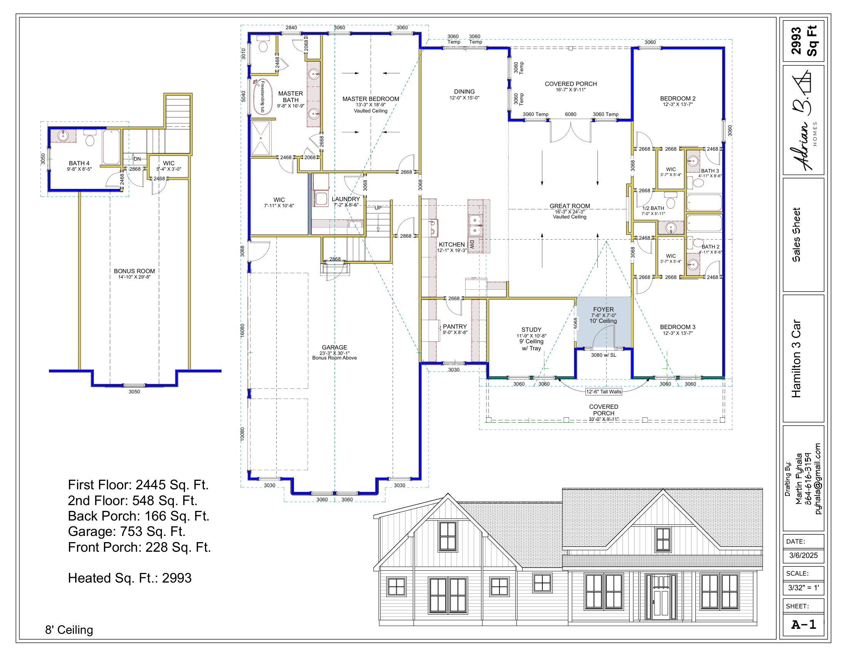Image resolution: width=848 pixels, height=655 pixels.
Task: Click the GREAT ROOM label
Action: (570, 206)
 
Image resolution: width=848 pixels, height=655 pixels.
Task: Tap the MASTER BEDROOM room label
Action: (370, 99)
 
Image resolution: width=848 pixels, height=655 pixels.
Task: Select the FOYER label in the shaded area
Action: (603, 310)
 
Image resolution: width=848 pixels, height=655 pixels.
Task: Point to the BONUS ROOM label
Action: (135, 271)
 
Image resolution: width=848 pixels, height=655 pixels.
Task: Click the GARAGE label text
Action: (334, 348)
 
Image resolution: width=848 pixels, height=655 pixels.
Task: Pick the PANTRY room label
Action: (455, 327)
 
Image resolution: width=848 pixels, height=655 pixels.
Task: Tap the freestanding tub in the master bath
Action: (262, 97)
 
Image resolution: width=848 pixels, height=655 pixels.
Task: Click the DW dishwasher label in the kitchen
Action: (472, 244)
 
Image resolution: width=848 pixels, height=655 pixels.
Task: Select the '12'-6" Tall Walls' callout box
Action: (604, 391)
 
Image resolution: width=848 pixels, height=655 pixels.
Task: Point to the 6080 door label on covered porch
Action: (570, 114)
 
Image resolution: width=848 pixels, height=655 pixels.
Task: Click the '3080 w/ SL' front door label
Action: (603, 355)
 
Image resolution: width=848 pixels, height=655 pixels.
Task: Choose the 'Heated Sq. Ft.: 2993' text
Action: (130, 578)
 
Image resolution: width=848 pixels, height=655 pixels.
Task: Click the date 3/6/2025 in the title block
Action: (803, 555)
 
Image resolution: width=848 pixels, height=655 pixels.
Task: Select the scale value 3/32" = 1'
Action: (803, 588)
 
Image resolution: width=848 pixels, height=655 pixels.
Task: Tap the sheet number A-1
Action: (804, 625)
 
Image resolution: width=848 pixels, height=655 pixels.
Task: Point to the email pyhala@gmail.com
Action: (818, 479)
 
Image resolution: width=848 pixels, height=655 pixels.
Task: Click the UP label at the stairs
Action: (378, 208)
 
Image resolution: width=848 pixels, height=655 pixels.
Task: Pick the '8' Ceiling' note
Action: (69, 630)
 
